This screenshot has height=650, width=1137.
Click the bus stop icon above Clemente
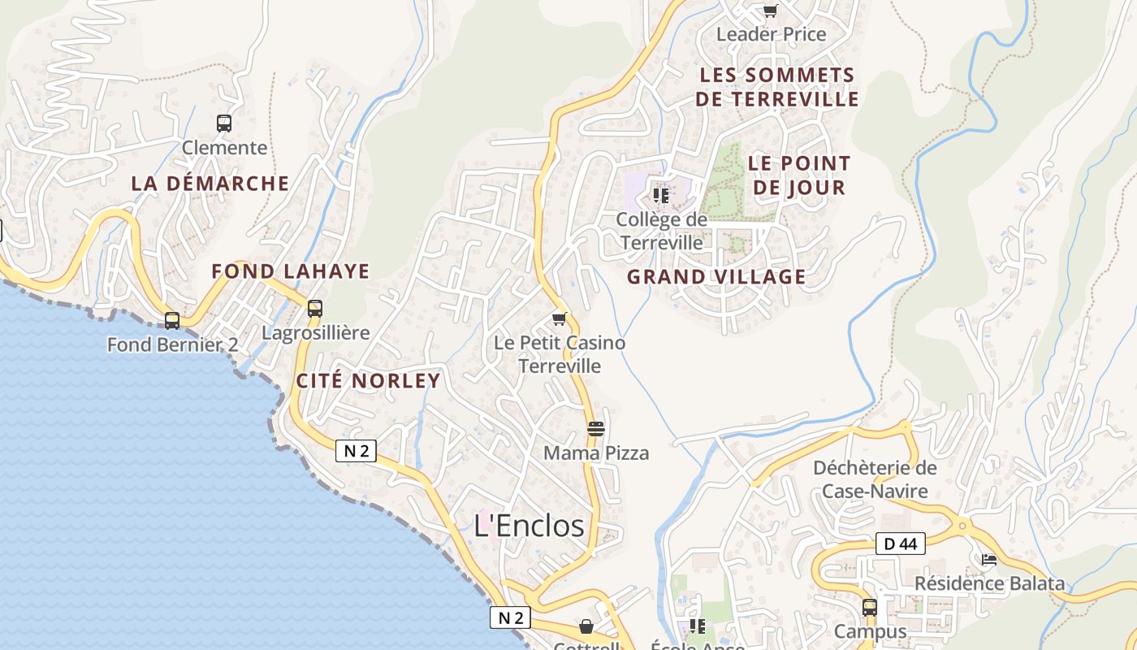[224, 123]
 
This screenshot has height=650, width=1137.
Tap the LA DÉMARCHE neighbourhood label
[210, 184]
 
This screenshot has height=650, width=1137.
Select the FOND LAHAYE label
[291, 271]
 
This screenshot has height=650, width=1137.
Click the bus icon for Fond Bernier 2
[172, 320]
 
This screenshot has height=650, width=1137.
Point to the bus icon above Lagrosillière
[315, 309]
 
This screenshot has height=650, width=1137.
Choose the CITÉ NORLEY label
[368, 380]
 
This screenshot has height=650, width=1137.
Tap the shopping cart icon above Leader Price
[770, 11]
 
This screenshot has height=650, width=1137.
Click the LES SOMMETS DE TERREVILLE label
[778, 87]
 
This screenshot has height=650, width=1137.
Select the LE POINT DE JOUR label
[799, 175]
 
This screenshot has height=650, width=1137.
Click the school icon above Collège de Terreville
[661, 196]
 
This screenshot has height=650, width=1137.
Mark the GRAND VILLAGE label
[716, 277]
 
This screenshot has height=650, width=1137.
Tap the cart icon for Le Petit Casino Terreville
[559, 318]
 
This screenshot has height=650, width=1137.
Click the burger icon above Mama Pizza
[596, 428]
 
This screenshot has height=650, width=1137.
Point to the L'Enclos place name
[529, 526]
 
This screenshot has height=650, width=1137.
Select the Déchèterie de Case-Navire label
[875, 479]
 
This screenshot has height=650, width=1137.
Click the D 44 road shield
[900, 544]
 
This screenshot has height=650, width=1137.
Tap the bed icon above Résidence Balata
[988, 559]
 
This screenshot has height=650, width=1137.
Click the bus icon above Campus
[870, 607]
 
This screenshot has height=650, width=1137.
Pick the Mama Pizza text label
[596, 453]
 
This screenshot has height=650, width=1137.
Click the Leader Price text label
[771, 34]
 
